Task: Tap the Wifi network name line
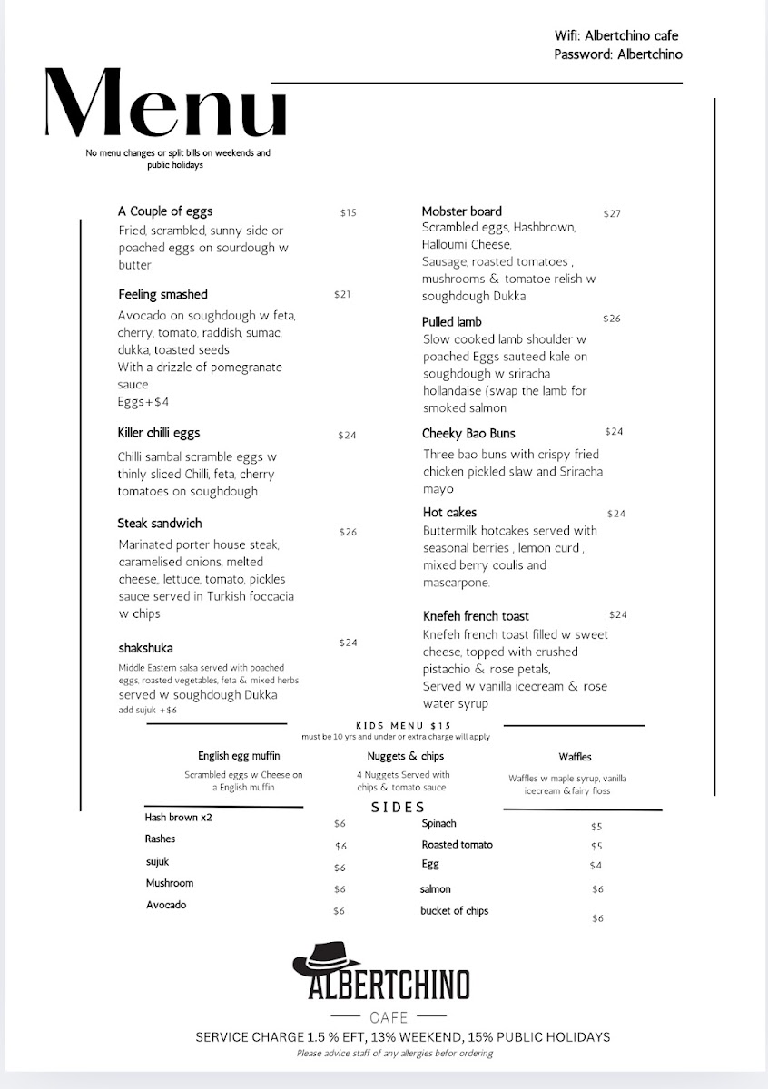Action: [616, 36]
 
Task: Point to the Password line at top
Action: [617, 54]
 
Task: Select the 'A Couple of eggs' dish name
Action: [165, 211]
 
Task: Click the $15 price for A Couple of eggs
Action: [349, 213]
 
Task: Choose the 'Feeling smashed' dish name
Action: [162, 295]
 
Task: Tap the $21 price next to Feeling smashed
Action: [342, 295]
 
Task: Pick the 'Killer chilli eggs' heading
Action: [159, 433]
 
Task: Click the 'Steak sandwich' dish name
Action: [160, 524]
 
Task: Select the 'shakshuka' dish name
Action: [145, 648]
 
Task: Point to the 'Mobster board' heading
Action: [461, 211]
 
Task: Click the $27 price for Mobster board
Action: [612, 214]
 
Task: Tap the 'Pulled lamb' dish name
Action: [451, 322]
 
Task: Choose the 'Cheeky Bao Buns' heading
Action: [468, 434]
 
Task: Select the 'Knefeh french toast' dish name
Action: [476, 616]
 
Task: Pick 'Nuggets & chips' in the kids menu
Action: [406, 756]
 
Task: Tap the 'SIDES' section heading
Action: [398, 807]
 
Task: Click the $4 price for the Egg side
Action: [596, 866]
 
